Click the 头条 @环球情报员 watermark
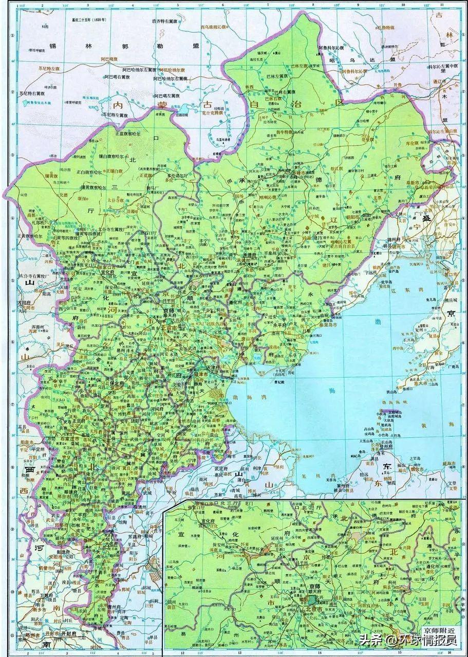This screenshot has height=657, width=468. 408,640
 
